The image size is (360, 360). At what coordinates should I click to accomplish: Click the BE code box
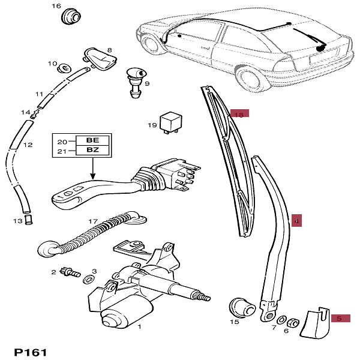(93, 141)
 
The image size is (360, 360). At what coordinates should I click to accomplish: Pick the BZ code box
(93, 151)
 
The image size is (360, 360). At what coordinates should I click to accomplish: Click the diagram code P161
(29, 352)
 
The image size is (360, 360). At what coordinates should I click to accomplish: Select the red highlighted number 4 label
(296, 221)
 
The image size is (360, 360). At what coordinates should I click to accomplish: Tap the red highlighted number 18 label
(239, 113)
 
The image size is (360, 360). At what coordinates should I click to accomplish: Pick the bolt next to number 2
(72, 272)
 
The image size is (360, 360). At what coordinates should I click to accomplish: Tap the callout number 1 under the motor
(139, 327)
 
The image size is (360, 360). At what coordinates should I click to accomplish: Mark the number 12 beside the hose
(28, 145)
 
